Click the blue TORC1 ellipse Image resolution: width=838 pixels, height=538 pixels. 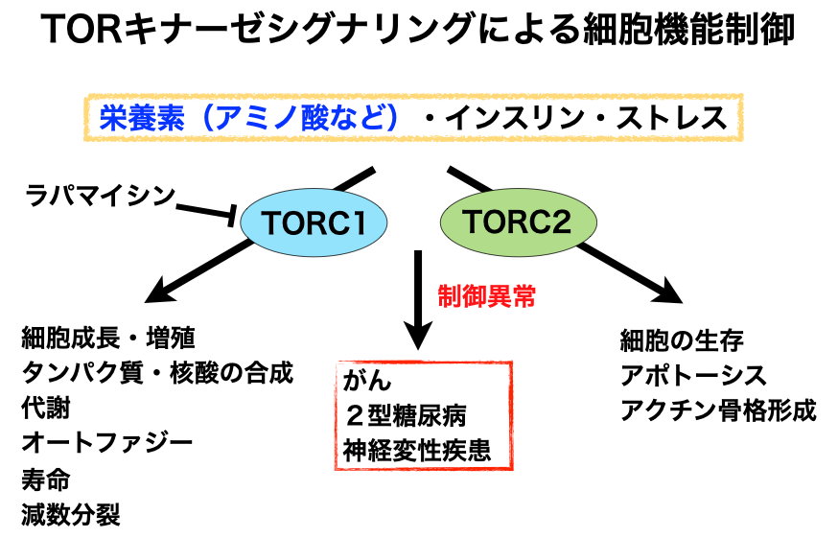[x=314, y=222]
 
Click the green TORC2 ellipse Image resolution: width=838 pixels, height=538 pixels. [x=518, y=222]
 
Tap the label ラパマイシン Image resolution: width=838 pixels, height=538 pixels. [x=101, y=196]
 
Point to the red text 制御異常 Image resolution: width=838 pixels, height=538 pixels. [x=486, y=295]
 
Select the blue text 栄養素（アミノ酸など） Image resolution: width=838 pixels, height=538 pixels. [x=249, y=118]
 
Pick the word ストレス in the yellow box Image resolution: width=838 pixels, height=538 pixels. [x=672, y=118]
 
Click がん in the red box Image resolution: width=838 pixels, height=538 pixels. [x=367, y=380]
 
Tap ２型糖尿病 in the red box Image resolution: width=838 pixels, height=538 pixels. [x=406, y=415]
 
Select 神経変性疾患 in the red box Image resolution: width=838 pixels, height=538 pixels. [x=417, y=451]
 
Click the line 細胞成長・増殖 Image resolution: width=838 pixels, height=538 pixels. [x=108, y=338]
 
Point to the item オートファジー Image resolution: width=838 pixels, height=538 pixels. [x=107, y=443]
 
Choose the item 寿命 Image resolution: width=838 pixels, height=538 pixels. [x=46, y=479]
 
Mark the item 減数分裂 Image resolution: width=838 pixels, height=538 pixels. [x=71, y=514]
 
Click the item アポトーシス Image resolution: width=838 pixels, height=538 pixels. [x=693, y=375]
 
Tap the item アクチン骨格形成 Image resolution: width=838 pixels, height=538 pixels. [x=718, y=410]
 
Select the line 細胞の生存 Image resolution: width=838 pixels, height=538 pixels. [x=682, y=340]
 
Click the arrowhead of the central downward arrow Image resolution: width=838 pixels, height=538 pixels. [x=418, y=336]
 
